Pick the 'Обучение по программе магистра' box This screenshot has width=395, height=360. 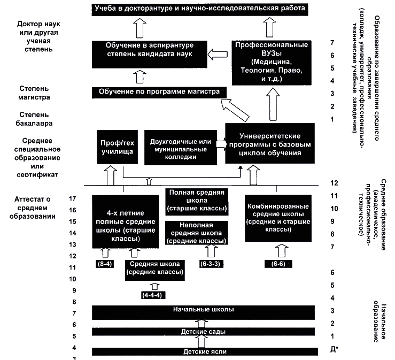tap(159, 92)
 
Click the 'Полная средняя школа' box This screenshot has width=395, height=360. tap(196, 201)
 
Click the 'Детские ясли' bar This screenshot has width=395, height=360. tap(202, 351)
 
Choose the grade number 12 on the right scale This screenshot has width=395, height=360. tap(335, 183)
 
